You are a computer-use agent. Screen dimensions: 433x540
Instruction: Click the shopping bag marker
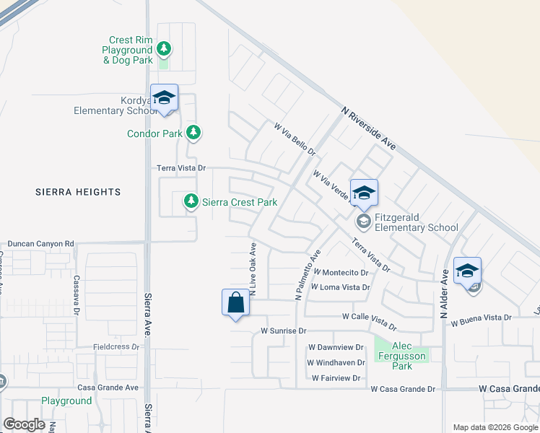coord(236,302)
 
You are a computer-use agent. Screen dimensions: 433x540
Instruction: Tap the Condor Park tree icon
coord(193,132)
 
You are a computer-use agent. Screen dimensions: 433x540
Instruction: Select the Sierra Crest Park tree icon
coord(191,201)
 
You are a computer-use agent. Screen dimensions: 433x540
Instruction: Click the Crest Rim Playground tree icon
coord(165,49)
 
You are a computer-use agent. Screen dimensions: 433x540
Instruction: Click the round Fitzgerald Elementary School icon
coord(364,220)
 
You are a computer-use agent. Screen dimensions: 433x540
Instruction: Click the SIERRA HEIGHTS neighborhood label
coord(78,192)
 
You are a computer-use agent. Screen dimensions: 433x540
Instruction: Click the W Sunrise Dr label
coord(284,331)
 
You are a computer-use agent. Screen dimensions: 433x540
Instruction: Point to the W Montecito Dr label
coord(340,273)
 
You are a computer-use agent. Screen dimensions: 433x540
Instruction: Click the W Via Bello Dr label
coord(295,139)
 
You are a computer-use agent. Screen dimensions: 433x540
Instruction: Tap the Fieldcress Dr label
coord(116,347)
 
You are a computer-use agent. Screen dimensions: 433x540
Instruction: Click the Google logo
coord(24,424)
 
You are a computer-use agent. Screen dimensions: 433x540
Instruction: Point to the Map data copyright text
coord(495,427)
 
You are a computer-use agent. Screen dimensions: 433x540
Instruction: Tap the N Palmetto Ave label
coord(306,276)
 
